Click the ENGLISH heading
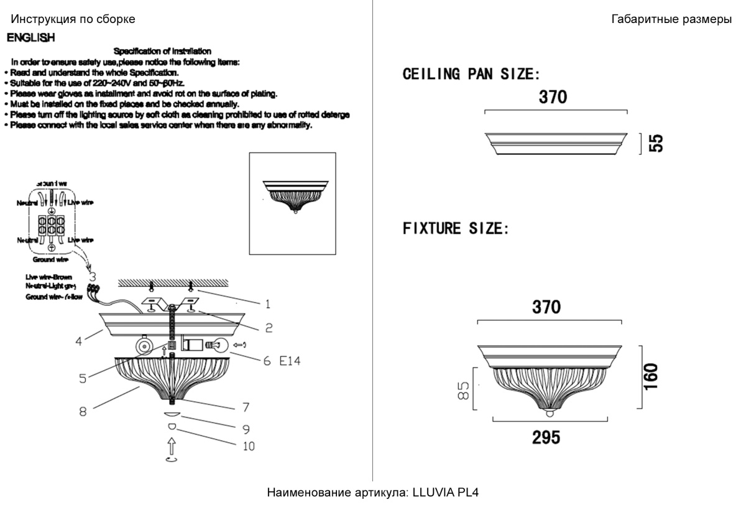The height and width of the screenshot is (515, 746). coord(30,39)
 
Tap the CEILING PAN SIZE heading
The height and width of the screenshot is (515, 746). coord(471,75)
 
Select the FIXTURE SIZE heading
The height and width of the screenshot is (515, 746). coord(456,229)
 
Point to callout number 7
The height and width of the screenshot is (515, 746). coord(246,407)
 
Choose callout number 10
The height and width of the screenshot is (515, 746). coord(249,445)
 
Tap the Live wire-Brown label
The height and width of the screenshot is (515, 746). coord(49,277)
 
